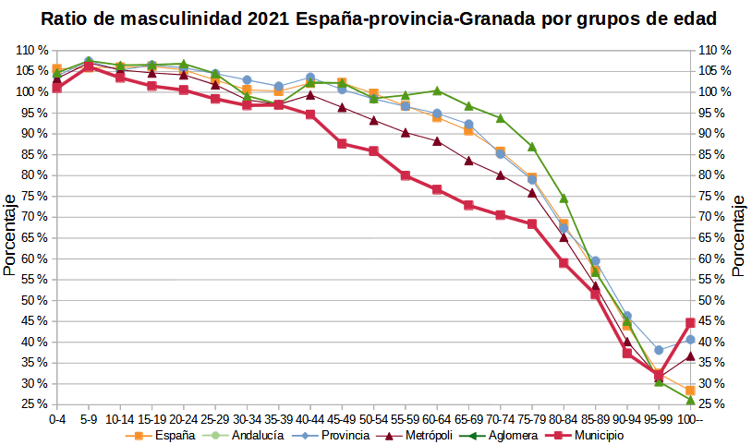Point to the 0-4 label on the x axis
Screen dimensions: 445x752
click(x=57, y=418)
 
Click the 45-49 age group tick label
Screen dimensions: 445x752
click(x=342, y=418)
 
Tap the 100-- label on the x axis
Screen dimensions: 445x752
click(x=690, y=418)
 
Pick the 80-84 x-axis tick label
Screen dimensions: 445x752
click(x=564, y=418)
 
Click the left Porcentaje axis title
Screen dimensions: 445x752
click(x=9, y=235)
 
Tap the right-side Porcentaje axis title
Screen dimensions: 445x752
click(x=738, y=235)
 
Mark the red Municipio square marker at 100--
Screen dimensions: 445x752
click(x=690, y=323)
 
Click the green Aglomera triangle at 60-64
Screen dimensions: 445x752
click(x=437, y=90)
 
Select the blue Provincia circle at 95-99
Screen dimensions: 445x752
click(x=659, y=350)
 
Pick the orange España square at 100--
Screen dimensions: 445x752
click(x=690, y=391)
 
